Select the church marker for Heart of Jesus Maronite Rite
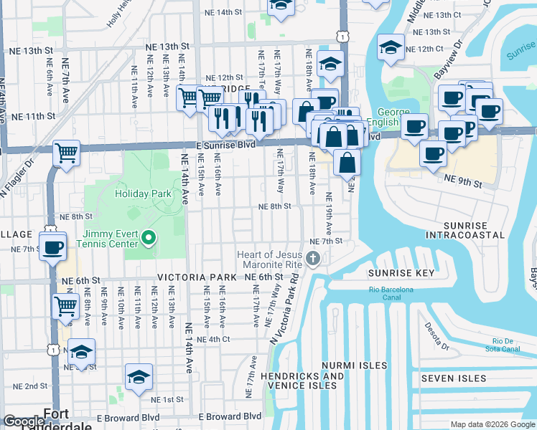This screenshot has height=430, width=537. point(312,258)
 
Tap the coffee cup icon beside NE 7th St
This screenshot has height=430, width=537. point(53,248)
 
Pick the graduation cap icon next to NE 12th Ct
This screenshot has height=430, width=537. point(391,48)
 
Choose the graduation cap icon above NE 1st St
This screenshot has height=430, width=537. point(139,378)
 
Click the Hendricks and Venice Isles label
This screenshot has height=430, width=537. point(302,381)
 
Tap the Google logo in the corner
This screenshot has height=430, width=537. point(23,422)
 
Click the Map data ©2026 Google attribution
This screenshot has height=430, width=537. point(492,424)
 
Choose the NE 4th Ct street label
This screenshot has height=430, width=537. point(213,339)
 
